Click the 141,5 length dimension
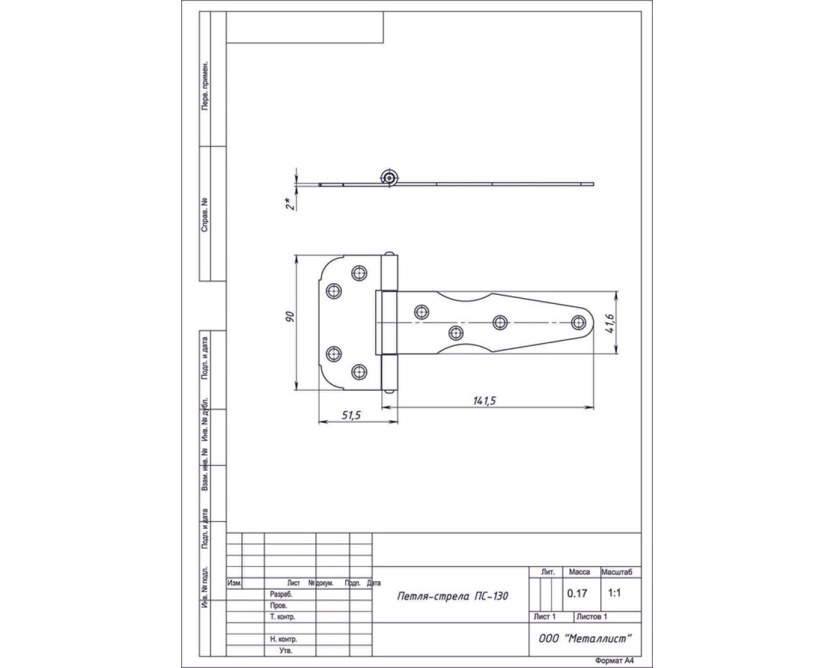(484, 401)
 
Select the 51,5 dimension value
(351, 416)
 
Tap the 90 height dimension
(291, 317)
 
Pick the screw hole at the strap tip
(579, 322)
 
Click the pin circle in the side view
(389, 178)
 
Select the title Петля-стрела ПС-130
(452, 596)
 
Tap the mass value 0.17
(577, 594)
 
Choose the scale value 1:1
(614, 593)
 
